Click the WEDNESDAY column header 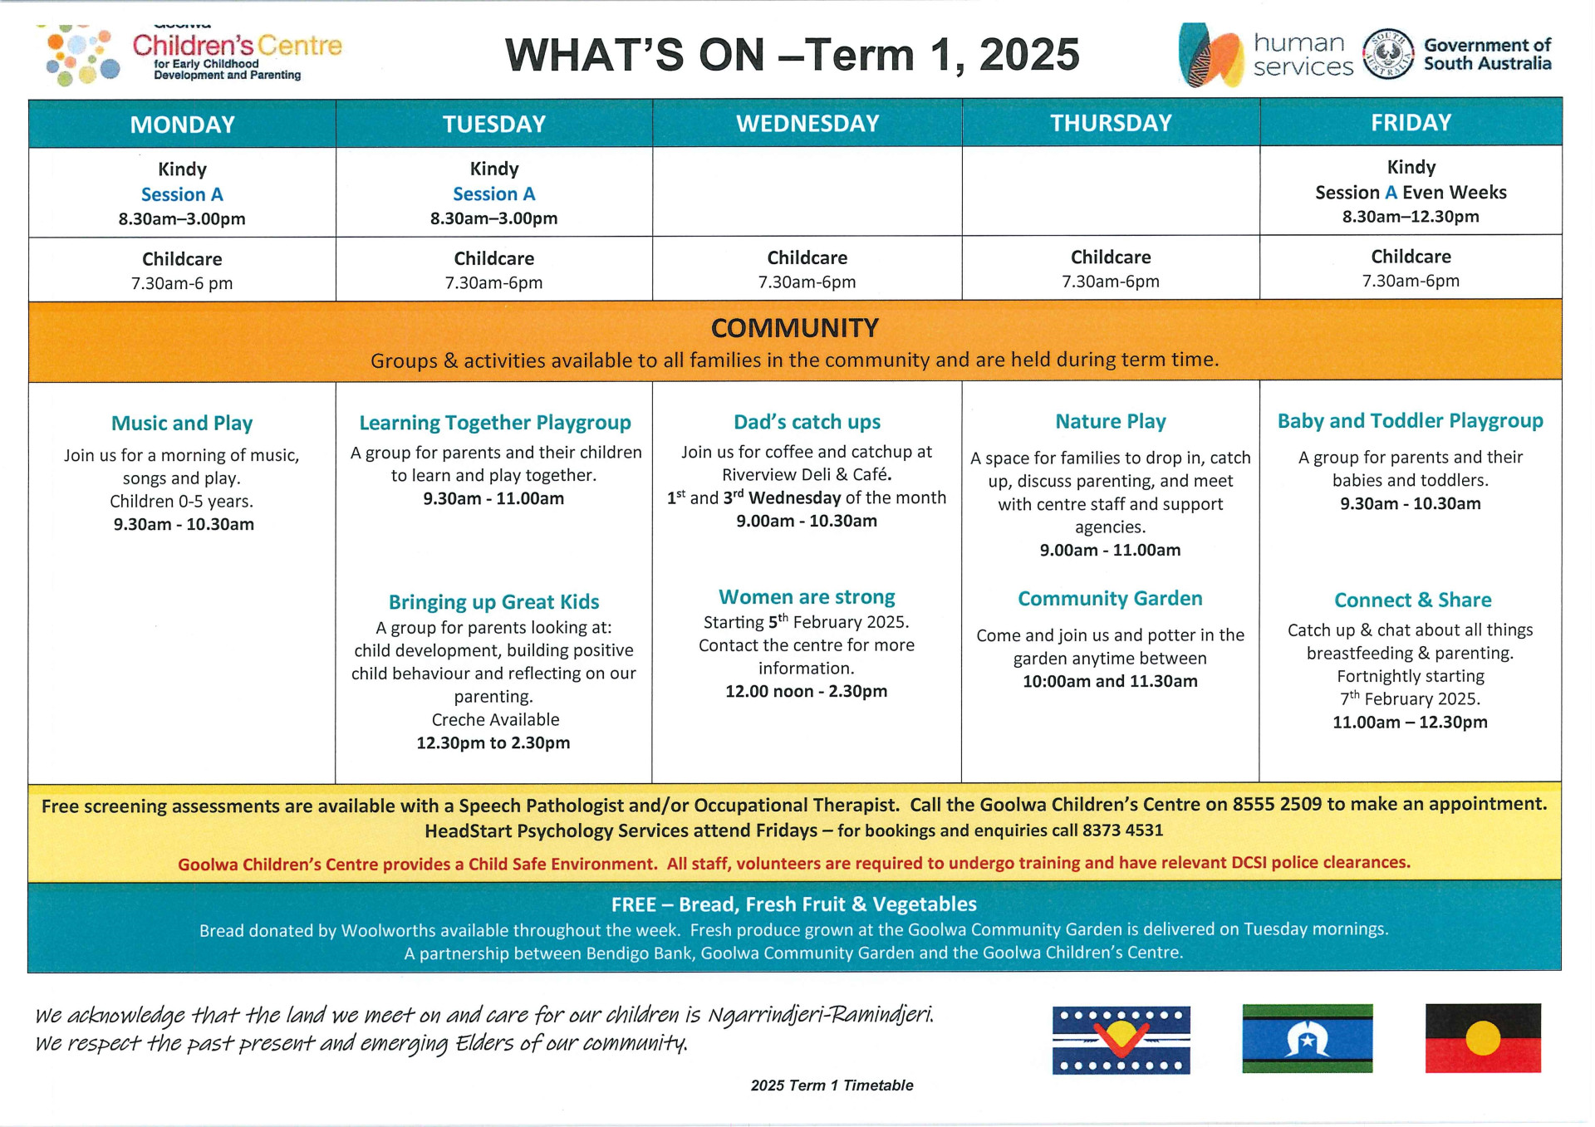(807, 124)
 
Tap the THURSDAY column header (1111, 123)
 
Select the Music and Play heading (182, 423)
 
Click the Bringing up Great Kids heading (493, 601)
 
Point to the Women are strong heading (807, 596)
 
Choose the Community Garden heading (1110, 598)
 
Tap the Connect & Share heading (1412, 600)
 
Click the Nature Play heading (1111, 421)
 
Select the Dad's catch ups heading (807, 422)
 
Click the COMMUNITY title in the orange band (795, 328)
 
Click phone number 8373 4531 (1122, 830)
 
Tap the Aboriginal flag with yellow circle (1483, 1038)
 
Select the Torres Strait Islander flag (1307, 1038)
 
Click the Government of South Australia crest (1388, 54)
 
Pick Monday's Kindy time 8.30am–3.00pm (182, 219)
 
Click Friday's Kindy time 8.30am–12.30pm (1411, 217)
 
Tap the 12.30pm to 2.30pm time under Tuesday (493, 742)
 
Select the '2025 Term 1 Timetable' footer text (832, 1085)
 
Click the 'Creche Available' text (495, 719)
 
